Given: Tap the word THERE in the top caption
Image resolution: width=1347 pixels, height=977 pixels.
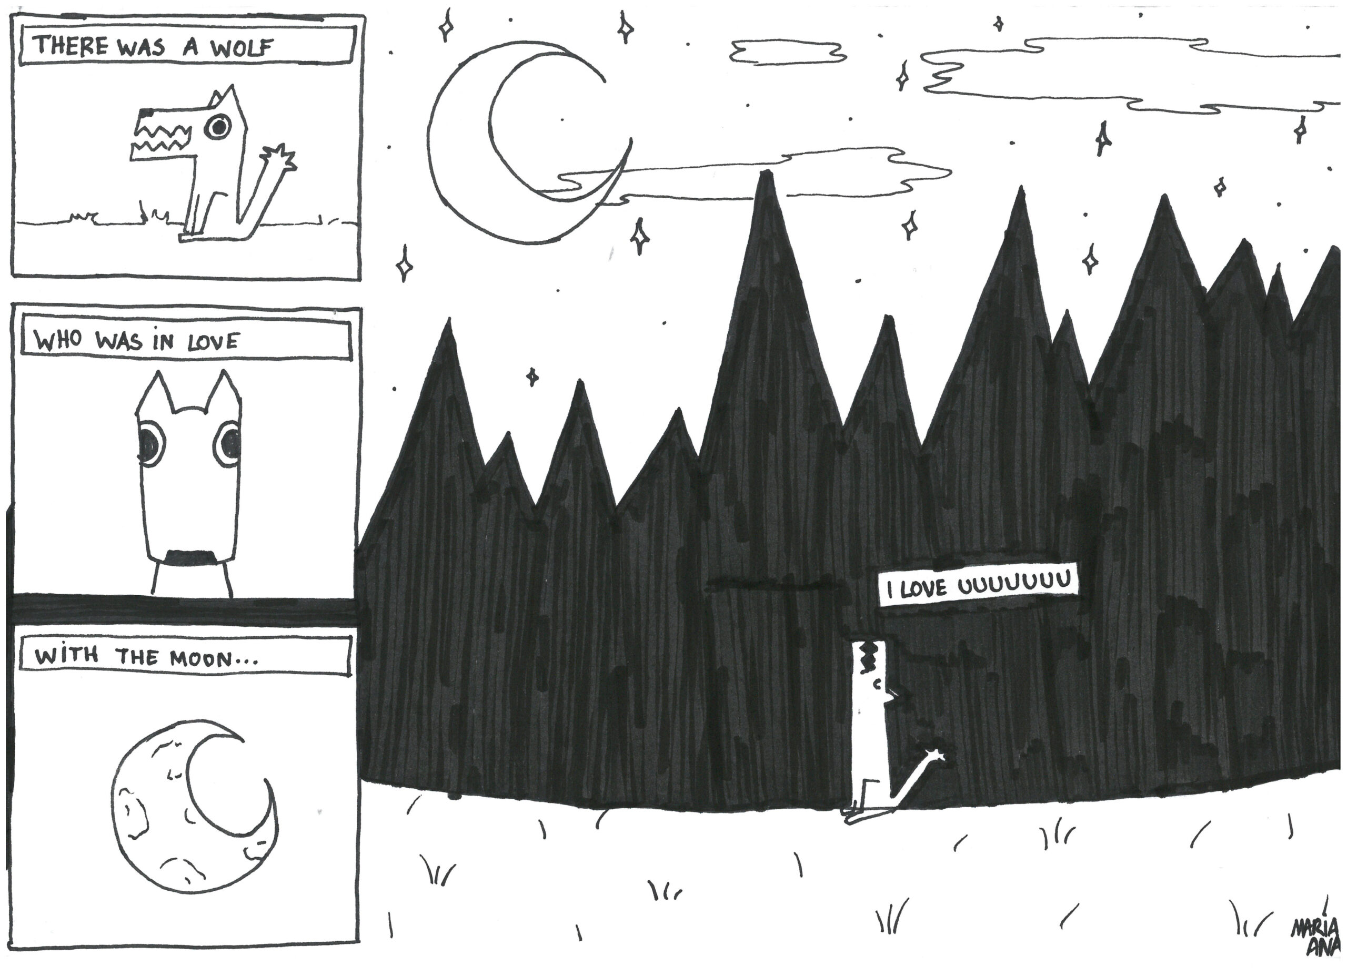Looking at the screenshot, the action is tap(71, 46).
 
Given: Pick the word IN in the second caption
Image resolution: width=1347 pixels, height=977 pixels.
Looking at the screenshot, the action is tap(163, 342).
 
